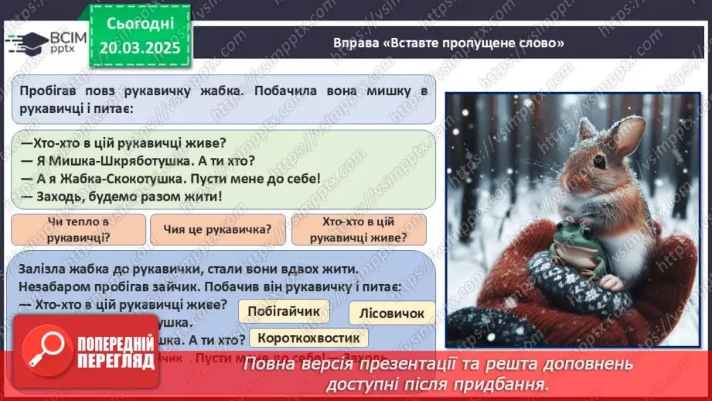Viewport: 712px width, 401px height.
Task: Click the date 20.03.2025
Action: [141, 48]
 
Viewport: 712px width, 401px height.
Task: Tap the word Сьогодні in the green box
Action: [141, 24]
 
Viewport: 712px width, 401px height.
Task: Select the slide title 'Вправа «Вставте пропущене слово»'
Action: [448, 43]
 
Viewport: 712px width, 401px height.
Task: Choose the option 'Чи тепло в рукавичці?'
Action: [79, 229]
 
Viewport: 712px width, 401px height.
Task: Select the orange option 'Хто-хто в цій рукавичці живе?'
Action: [358, 229]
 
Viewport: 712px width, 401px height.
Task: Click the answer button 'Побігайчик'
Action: [284, 311]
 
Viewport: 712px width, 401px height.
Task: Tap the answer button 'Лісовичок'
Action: [392, 313]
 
